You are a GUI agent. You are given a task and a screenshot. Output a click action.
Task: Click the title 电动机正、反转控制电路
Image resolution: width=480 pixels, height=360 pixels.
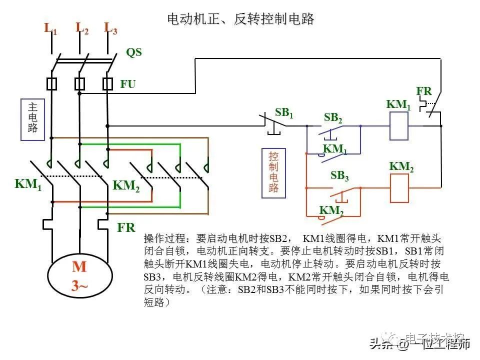point(240,19)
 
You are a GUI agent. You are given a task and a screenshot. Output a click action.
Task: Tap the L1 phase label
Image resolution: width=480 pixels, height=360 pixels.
point(51,28)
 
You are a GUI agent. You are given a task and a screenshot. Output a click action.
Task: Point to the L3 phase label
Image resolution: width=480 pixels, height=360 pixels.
point(110,28)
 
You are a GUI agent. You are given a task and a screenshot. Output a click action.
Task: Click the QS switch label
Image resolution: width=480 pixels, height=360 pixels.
point(133,52)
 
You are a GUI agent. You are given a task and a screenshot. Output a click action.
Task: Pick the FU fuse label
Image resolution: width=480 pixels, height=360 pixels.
point(127,84)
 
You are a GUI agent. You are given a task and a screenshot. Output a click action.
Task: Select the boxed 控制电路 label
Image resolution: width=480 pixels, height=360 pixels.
point(273,172)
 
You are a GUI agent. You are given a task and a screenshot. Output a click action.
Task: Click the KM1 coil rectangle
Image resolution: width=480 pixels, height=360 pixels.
point(399,125)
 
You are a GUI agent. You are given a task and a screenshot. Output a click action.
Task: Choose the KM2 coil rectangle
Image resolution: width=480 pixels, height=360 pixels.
point(399,188)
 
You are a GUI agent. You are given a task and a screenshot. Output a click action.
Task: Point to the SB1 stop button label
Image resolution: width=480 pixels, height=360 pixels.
point(283,113)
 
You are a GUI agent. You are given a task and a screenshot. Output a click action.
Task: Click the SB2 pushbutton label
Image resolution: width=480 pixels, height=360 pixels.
point(333,118)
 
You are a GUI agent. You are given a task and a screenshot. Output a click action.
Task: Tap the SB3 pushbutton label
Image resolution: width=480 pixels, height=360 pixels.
point(339,175)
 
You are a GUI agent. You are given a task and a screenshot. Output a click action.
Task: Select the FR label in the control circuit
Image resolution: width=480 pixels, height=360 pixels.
point(424,91)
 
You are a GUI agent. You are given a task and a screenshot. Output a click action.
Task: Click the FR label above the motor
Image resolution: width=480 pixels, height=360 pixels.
point(126,228)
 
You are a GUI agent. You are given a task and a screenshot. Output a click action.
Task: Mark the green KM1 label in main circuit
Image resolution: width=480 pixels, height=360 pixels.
point(28,183)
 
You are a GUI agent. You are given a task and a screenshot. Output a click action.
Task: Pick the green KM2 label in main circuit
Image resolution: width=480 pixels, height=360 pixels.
point(126,185)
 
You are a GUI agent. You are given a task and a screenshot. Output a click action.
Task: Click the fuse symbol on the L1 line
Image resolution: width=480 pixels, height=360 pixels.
point(51,83)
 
